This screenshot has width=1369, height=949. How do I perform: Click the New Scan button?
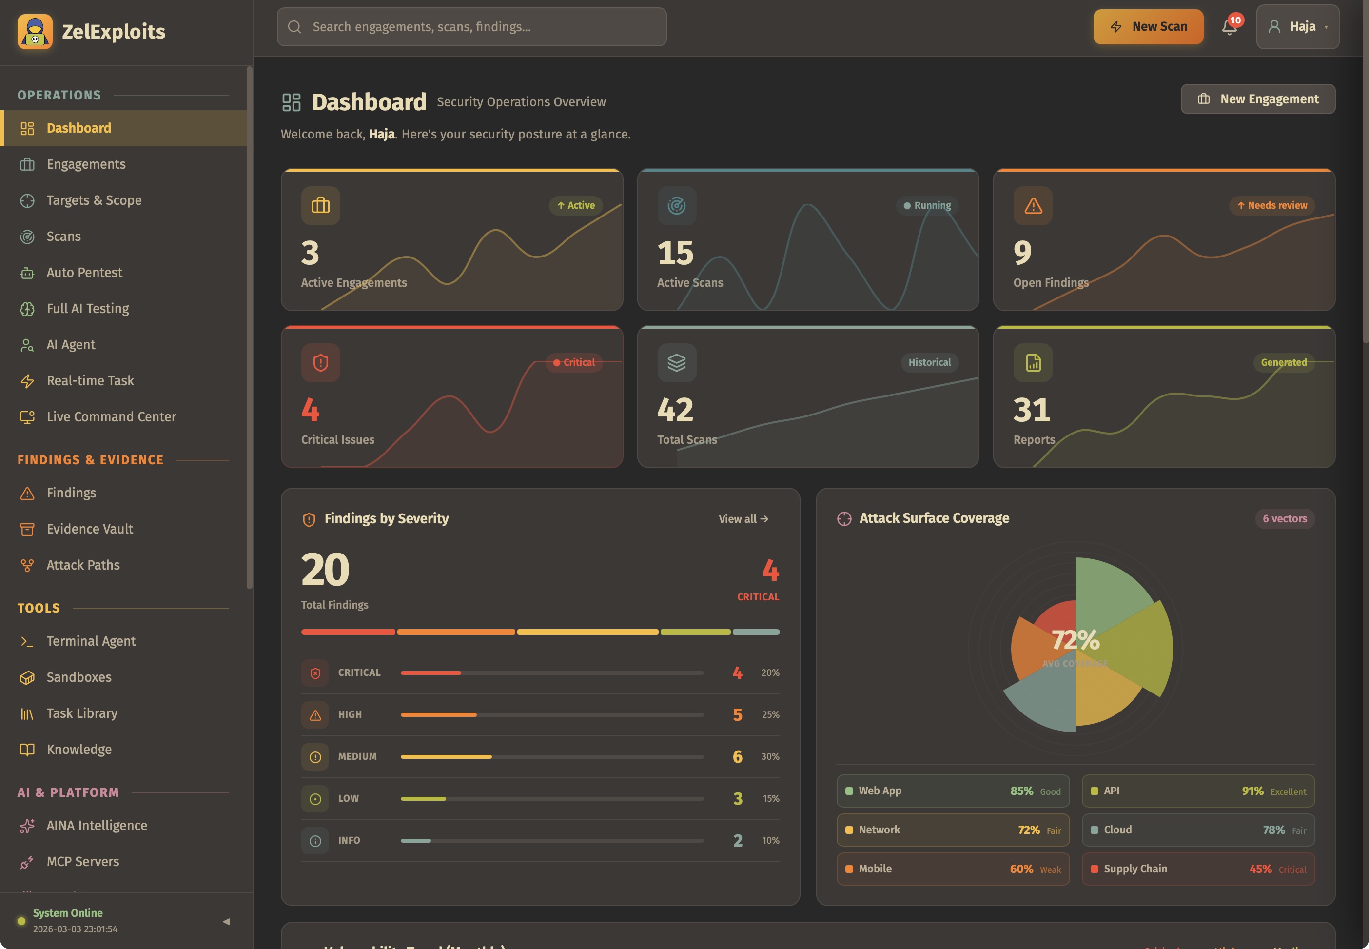click(x=1148, y=27)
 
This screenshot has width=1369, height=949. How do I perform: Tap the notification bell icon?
click(x=1229, y=27)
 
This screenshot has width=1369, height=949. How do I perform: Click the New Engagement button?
click(x=1257, y=99)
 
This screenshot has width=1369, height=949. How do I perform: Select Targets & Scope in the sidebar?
click(x=94, y=200)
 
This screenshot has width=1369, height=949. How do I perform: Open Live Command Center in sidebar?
click(x=111, y=417)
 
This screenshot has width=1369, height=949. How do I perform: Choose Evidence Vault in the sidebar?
click(x=90, y=529)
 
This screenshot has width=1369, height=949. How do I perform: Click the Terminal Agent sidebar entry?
click(x=91, y=641)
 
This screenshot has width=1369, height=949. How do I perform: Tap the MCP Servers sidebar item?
click(x=82, y=862)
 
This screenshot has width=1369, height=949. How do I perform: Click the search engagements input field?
click(x=471, y=27)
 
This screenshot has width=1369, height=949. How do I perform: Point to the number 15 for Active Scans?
click(x=675, y=253)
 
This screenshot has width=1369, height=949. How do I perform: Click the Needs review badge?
click(x=1271, y=206)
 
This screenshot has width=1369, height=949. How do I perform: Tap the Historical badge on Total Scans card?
click(x=929, y=363)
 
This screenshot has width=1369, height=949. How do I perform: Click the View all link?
click(x=743, y=519)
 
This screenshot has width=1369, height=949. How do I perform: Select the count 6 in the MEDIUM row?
click(x=737, y=756)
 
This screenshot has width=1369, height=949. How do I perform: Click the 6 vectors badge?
click(x=1284, y=519)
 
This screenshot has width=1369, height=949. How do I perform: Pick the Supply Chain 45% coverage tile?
click(x=1197, y=869)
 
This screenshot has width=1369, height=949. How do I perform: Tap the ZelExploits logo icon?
click(x=35, y=32)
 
